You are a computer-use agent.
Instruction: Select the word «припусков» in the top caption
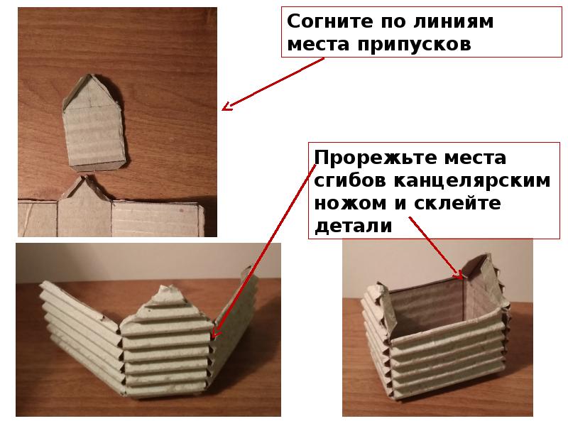[415, 45]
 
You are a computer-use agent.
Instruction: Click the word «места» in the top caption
[318, 45]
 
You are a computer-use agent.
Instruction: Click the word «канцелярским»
[472, 181]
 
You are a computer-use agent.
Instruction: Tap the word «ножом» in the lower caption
[350, 204]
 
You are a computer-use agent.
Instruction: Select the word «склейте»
[457, 203]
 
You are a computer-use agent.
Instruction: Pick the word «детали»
[353, 226]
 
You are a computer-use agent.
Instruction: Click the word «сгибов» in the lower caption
[350, 180]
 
